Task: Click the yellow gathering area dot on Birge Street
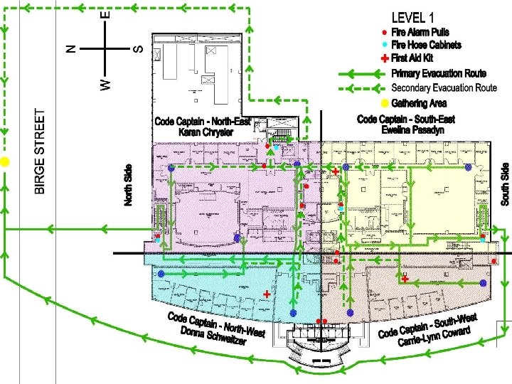pyautogui.click(x=4, y=162)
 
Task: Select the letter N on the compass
pyautogui.click(x=70, y=48)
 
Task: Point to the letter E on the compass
pyautogui.click(x=105, y=14)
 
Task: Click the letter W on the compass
pyautogui.click(x=105, y=84)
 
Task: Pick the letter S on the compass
pyautogui.click(x=139, y=48)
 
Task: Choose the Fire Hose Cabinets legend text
pyautogui.click(x=427, y=45)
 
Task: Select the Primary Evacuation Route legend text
pyautogui.click(x=439, y=73)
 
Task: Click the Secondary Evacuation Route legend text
pyautogui.click(x=444, y=88)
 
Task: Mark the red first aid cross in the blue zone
pyautogui.click(x=267, y=294)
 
